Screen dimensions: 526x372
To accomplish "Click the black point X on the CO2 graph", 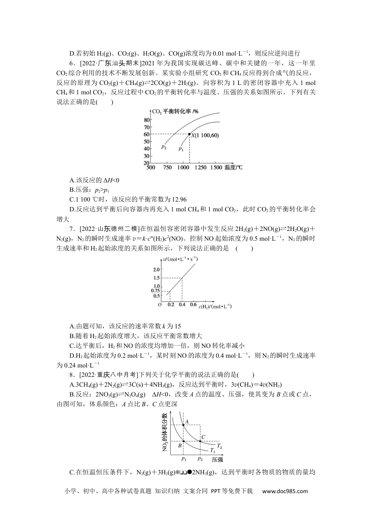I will [190, 134].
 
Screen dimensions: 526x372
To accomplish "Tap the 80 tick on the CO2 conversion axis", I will [147, 120].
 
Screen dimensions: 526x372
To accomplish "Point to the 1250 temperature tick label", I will [200, 168].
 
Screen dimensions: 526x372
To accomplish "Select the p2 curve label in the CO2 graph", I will [164, 147].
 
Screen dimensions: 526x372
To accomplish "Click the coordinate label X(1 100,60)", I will [205, 135].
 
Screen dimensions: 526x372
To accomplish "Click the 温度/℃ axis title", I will [233, 168].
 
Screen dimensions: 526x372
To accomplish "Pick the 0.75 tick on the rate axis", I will [156, 290].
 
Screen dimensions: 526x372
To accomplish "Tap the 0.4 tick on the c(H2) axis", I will [182, 304].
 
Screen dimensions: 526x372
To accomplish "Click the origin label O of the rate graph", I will [159, 304].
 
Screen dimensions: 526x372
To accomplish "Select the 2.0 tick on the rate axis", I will [157, 270].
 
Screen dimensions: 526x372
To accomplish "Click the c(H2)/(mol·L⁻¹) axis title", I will [215, 306].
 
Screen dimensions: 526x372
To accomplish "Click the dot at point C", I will [200, 441].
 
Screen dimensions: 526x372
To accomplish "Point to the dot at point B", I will [184, 441].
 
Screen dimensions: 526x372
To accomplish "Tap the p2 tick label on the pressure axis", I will [200, 458].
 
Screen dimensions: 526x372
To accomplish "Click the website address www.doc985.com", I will [285, 491].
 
